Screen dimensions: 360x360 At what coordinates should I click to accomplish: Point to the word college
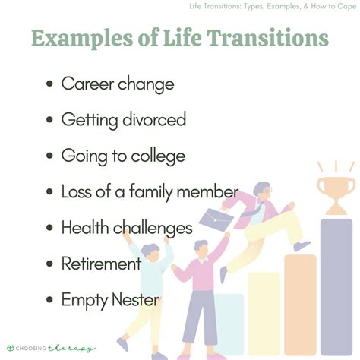(x=156, y=156)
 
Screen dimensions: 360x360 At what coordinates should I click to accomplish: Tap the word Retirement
(x=101, y=264)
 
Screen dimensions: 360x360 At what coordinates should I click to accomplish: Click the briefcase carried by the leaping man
(x=216, y=220)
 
